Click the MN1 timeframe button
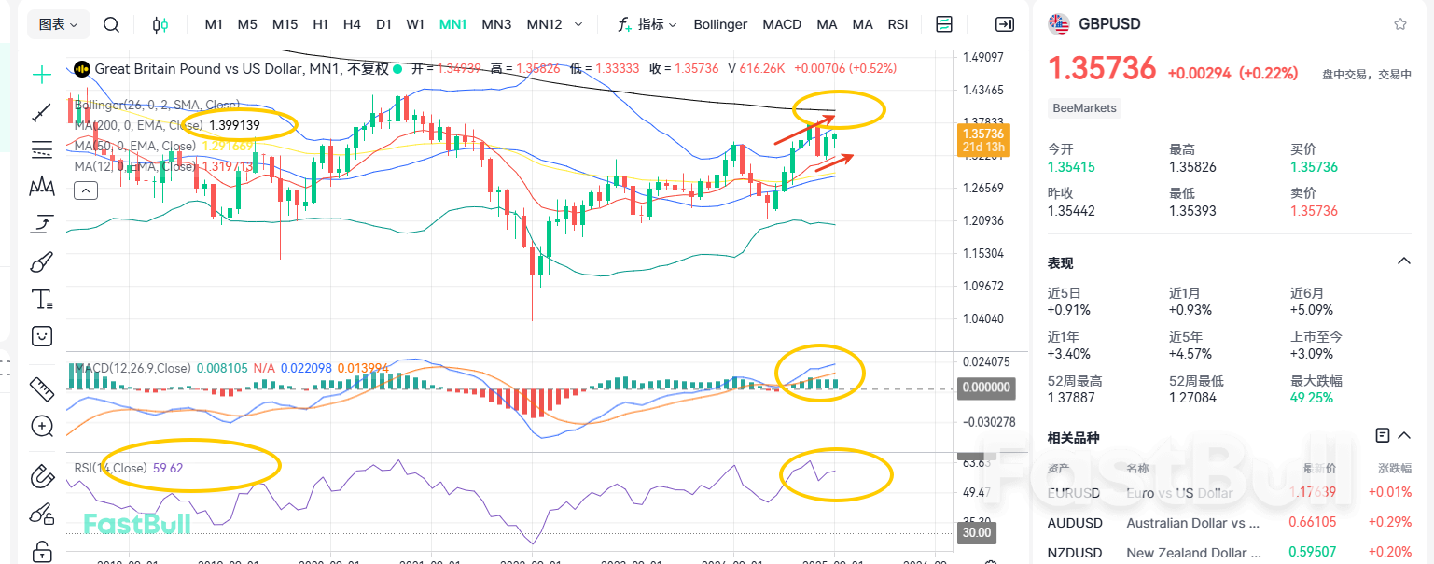tap(452, 24)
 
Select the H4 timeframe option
tap(352, 24)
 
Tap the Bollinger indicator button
tap(720, 24)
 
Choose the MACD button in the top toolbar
tap(782, 24)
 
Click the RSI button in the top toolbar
tap(898, 24)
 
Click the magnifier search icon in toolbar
tap(111, 25)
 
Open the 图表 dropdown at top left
tap(59, 24)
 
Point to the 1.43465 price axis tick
tap(982, 90)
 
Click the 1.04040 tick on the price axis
tap(982, 318)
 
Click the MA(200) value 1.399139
tap(234, 125)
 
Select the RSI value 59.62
tap(168, 468)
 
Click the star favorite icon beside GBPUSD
tap(1399, 24)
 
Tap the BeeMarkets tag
tap(1083, 108)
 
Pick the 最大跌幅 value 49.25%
tap(1311, 398)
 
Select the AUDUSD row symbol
tap(1075, 523)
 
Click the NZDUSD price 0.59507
tap(1313, 552)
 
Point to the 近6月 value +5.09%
tap(1312, 310)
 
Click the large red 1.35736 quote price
tap(1102, 68)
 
